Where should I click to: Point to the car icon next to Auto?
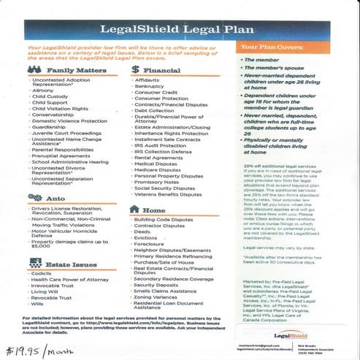pyautogui.click(x=33, y=197)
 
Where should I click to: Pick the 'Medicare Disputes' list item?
pyautogui.click(x=158, y=169)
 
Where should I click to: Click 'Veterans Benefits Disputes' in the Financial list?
pyautogui.click(x=168, y=195)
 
